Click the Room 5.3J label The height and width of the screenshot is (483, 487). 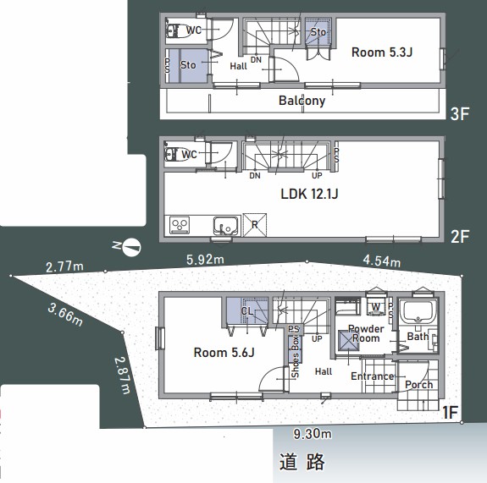(383, 52)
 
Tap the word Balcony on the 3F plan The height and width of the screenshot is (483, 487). (302, 101)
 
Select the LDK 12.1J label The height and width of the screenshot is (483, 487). (309, 194)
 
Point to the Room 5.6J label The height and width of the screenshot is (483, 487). (224, 354)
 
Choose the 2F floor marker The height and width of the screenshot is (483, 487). (460, 237)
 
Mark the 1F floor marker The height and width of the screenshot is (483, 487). (450, 413)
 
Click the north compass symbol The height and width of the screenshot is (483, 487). (131, 247)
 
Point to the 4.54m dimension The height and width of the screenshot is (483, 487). (381, 261)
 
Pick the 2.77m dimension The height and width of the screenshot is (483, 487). (64, 267)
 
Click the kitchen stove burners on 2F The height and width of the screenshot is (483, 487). (180, 224)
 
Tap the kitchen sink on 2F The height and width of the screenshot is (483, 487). (224, 226)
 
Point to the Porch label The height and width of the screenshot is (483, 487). (418, 385)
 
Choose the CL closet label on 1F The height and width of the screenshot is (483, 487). (246, 311)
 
